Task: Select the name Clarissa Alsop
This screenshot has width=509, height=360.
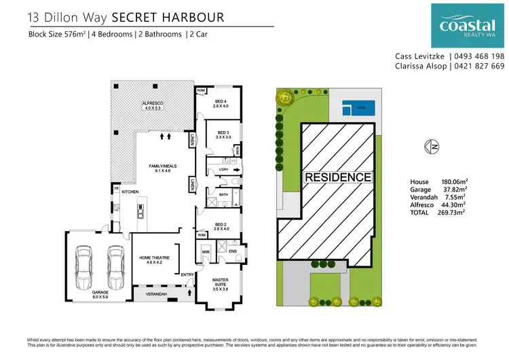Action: [421, 67]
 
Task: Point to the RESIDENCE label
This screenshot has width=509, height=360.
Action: [338, 177]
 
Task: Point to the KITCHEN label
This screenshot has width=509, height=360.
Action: [130, 192]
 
